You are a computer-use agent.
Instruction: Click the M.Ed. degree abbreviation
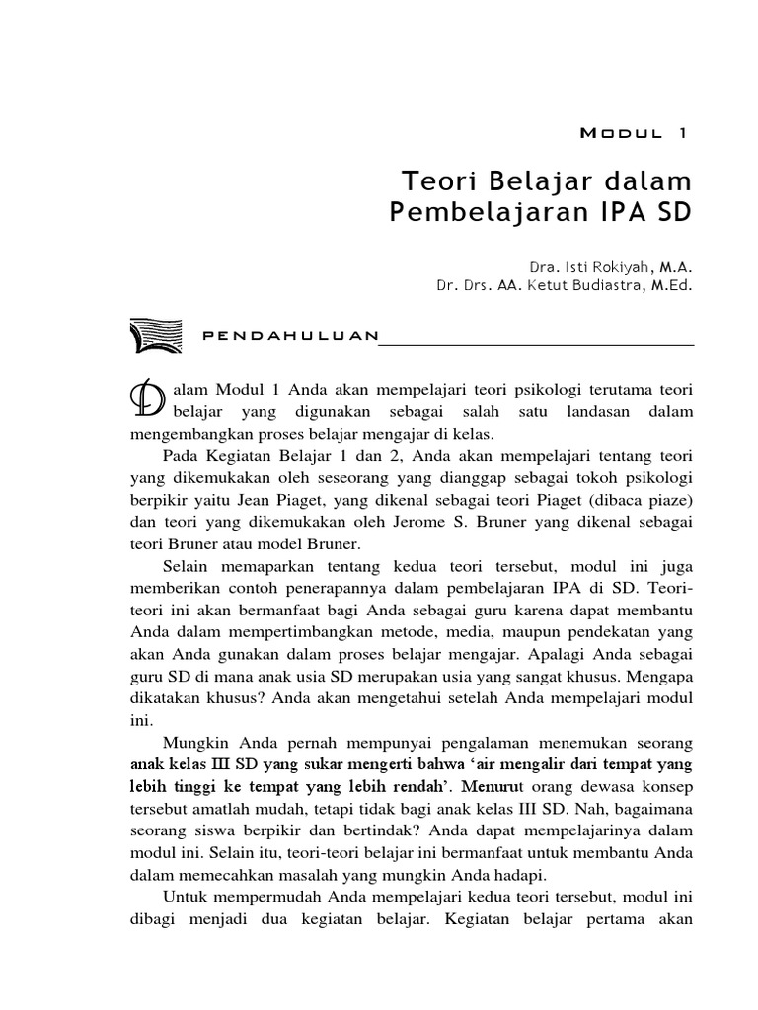670,286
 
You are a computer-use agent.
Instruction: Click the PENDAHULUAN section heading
290,336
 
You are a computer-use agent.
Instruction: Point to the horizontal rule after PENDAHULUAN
537,345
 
